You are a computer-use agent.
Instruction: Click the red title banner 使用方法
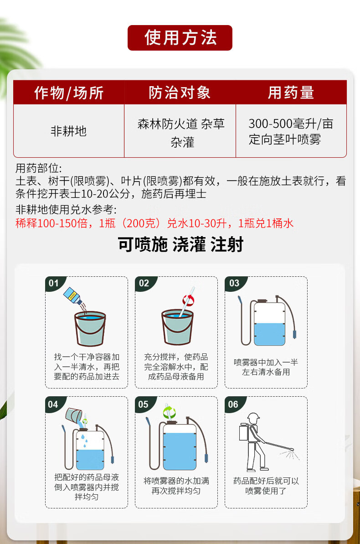tap(180, 38)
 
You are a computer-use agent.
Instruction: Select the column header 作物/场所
tap(69, 93)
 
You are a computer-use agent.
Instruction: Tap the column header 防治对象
tap(180, 93)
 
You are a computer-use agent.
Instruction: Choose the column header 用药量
tap(291, 93)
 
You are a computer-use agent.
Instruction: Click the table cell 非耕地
tap(69, 131)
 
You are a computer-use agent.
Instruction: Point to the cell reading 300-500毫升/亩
tap(291, 124)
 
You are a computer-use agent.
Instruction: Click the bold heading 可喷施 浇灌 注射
tap(180, 244)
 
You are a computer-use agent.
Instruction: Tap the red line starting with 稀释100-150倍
tap(154, 223)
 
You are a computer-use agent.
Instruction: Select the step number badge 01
tap(54, 283)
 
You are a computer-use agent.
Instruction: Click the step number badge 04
tap(53, 404)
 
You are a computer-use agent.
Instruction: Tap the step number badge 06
tap(233, 404)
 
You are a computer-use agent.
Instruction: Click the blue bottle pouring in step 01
tap(73, 296)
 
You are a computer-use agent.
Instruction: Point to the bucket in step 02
tap(177, 327)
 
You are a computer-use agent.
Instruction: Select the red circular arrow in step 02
tap(188, 300)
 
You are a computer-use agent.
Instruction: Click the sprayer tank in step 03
tap(269, 323)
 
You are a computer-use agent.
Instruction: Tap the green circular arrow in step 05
tap(170, 413)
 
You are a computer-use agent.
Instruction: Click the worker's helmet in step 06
tap(253, 417)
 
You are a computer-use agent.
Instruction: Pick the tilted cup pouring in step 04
tap(73, 415)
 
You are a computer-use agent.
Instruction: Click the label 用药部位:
tap(38, 168)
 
